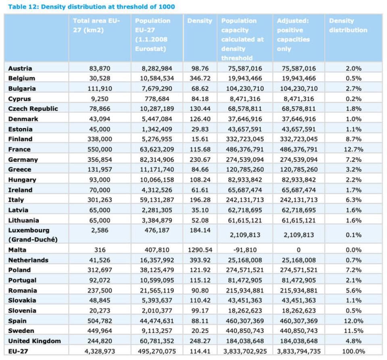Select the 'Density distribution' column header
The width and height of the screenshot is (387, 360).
348,25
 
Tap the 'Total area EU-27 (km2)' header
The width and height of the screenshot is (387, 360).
96,25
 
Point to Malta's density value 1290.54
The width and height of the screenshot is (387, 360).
200,250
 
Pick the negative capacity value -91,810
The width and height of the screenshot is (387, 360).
245,250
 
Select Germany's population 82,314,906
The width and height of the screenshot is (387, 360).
157,159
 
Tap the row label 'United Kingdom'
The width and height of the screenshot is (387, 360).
34,341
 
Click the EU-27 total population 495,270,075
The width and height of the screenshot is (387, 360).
157,351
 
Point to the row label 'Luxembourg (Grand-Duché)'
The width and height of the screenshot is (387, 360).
29,235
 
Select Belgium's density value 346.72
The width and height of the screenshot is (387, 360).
200,79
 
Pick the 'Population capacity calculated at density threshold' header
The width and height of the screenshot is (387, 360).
242,39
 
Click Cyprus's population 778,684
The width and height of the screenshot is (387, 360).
157,99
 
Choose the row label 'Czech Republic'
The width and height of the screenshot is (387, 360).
33,109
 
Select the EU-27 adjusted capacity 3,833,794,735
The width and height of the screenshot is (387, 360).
298,351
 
